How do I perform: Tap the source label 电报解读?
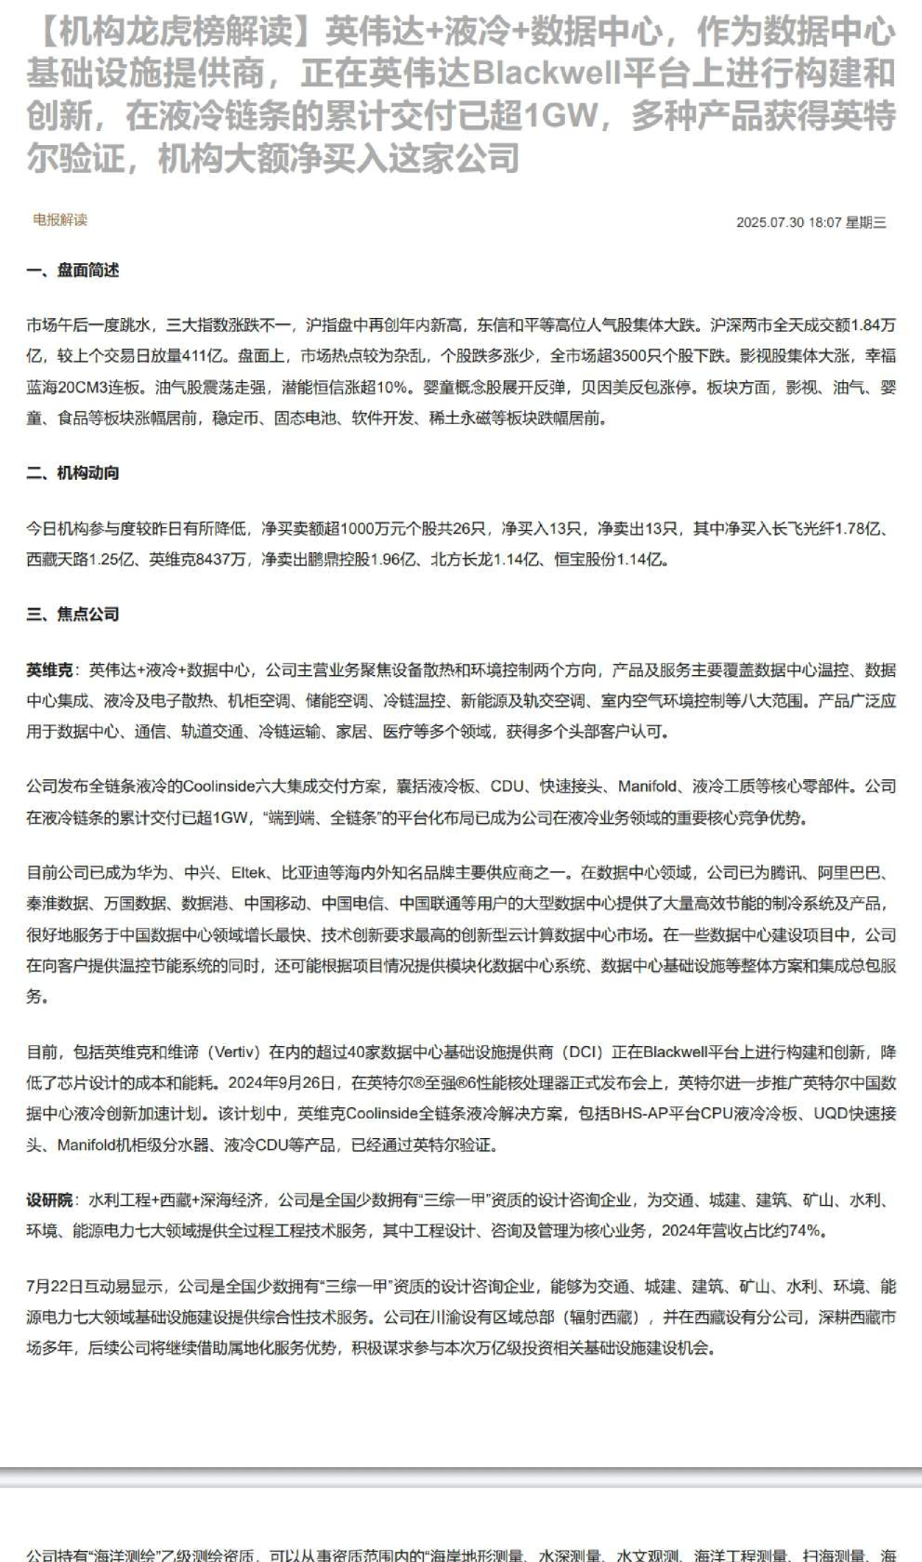[x=59, y=219]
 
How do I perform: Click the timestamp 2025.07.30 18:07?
[x=788, y=222]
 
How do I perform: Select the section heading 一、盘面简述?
[x=72, y=271]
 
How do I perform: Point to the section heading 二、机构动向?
[x=72, y=472]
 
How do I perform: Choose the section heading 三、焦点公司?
[x=72, y=614]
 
